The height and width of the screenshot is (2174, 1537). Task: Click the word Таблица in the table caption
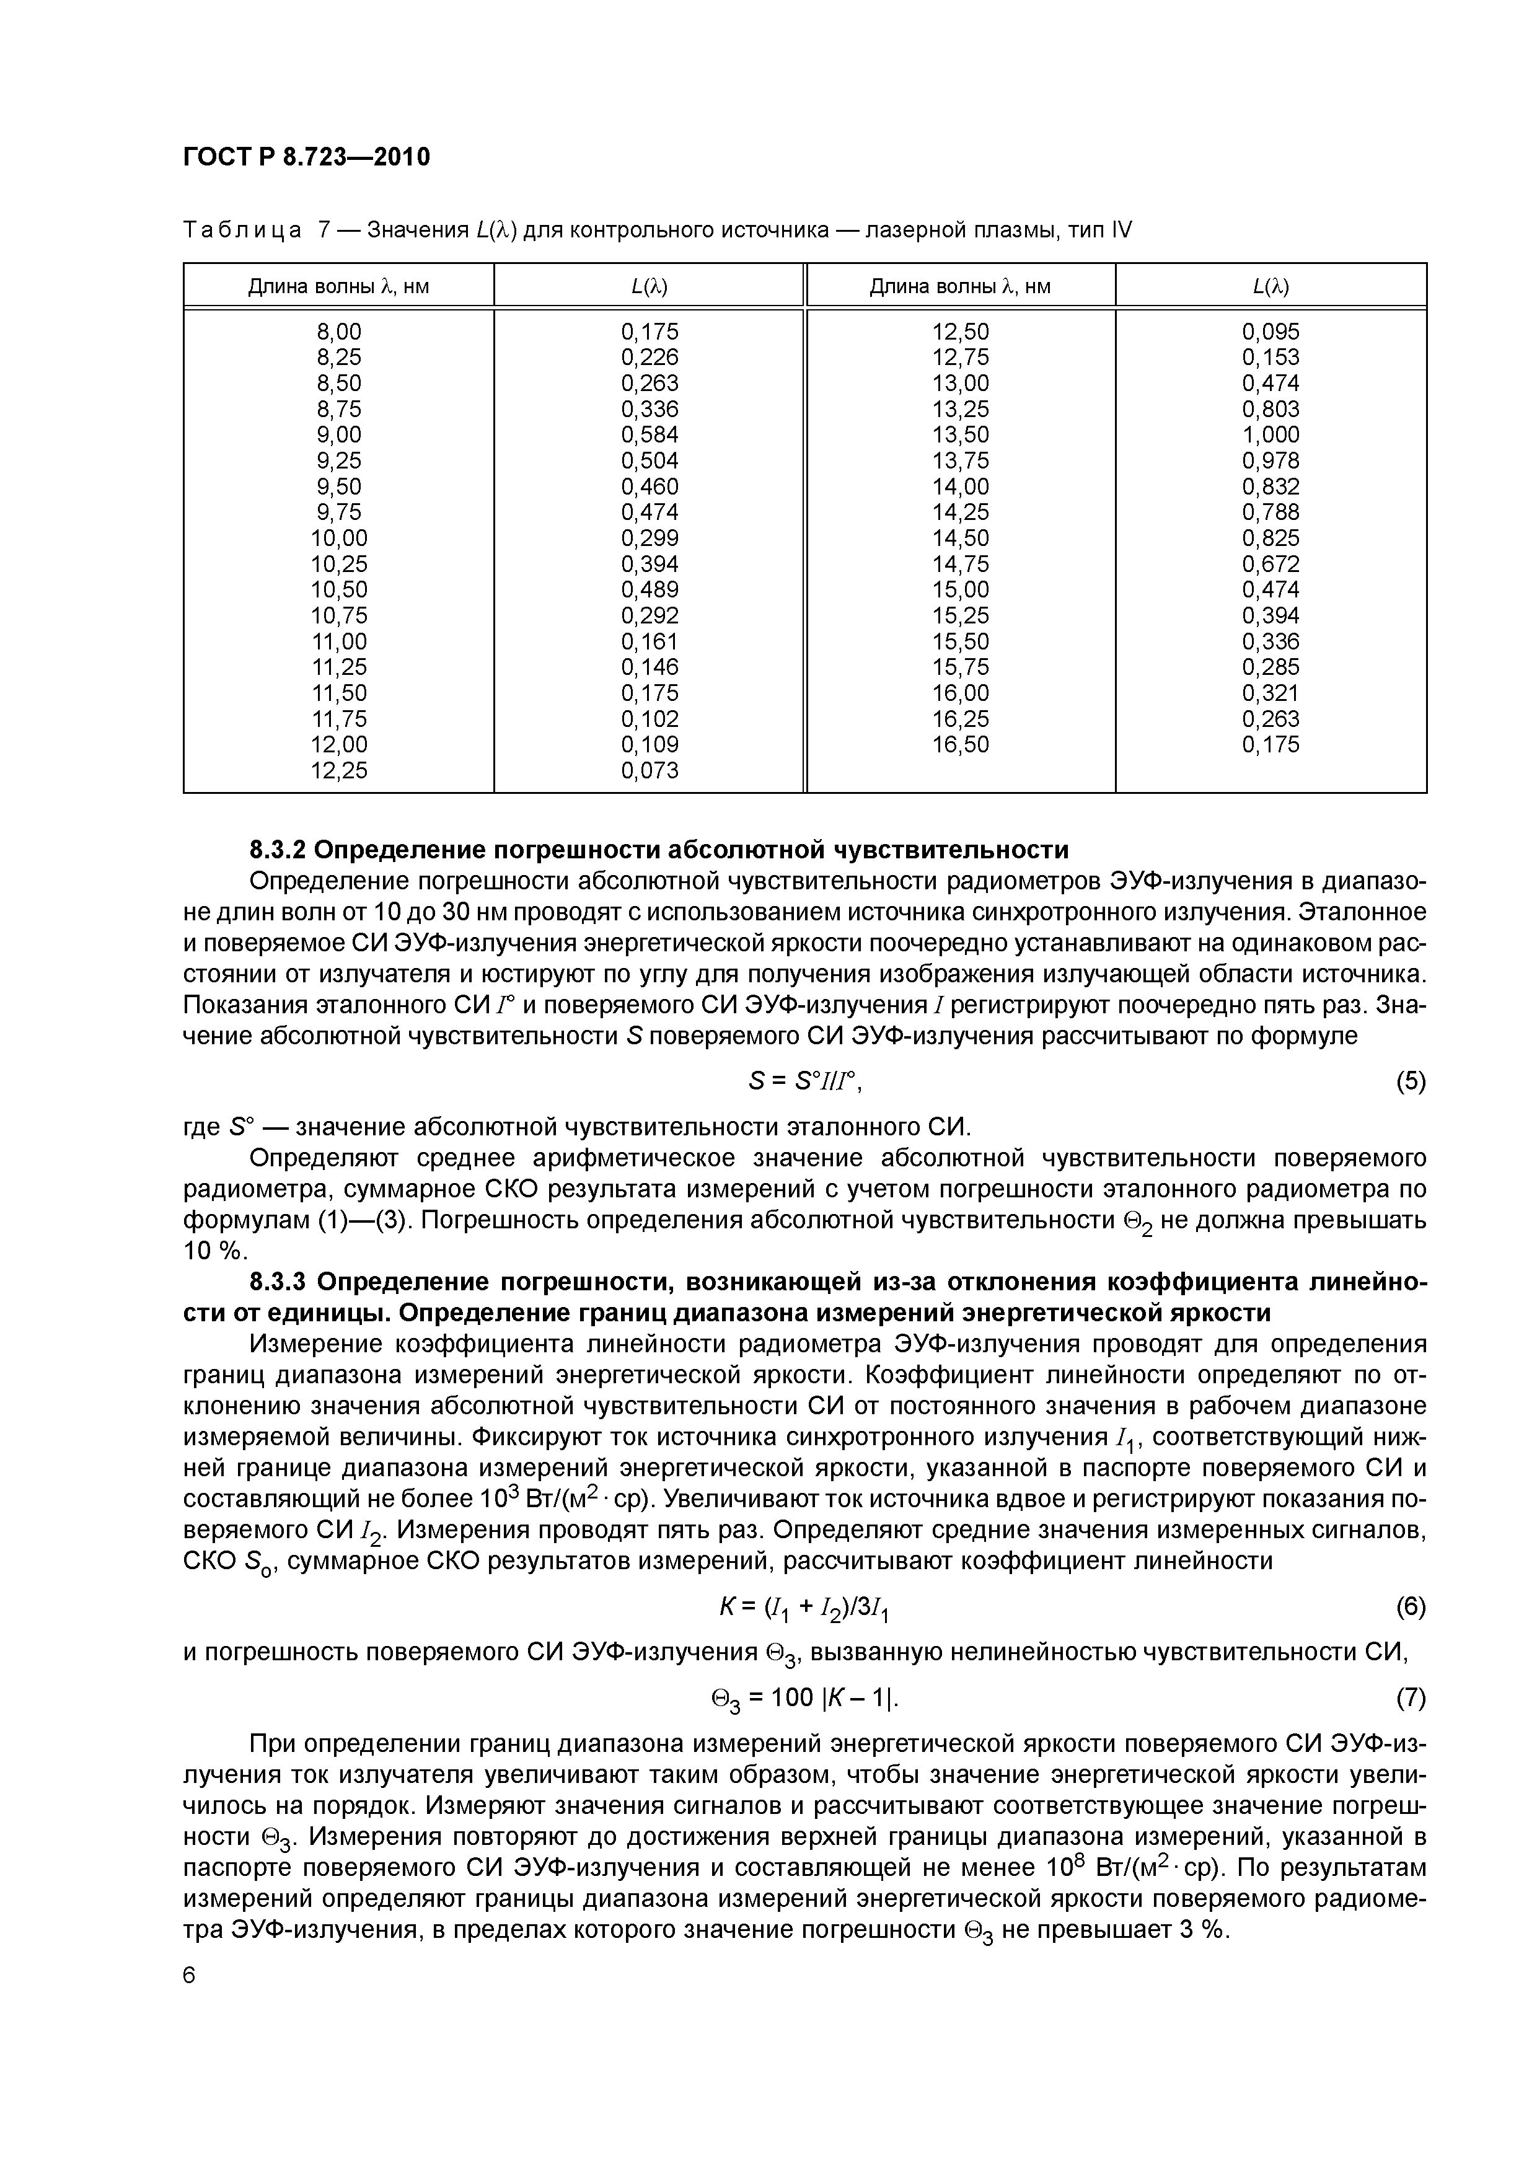[x=242, y=230]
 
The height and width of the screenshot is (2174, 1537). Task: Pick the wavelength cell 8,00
[x=338, y=332]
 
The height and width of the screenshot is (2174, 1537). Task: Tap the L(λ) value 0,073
[x=650, y=771]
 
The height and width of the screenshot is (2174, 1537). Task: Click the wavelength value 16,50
[x=960, y=744]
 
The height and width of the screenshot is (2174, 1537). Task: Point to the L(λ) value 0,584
[x=650, y=434]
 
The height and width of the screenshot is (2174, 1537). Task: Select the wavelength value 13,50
[x=960, y=434]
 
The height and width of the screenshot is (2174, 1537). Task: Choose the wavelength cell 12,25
[x=338, y=771]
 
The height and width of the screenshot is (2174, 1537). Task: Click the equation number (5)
[x=1410, y=1081]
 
